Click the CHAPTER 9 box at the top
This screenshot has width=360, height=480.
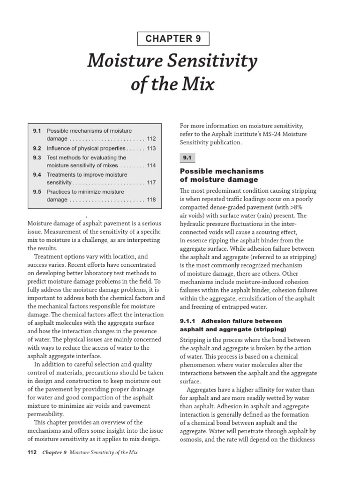point(173,39)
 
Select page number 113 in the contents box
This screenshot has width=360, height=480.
point(151,149)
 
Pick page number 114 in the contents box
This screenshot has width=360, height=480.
point(151,166)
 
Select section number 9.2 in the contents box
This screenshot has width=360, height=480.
point(37,149)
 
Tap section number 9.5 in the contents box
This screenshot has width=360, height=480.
point(37,192)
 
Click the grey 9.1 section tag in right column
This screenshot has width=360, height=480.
point(189,158)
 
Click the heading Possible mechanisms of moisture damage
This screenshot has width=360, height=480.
point(222,175)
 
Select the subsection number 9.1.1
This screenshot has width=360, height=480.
point(190,321)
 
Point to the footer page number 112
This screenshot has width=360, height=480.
point(33,453)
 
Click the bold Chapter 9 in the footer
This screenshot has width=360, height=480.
point(54,453)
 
